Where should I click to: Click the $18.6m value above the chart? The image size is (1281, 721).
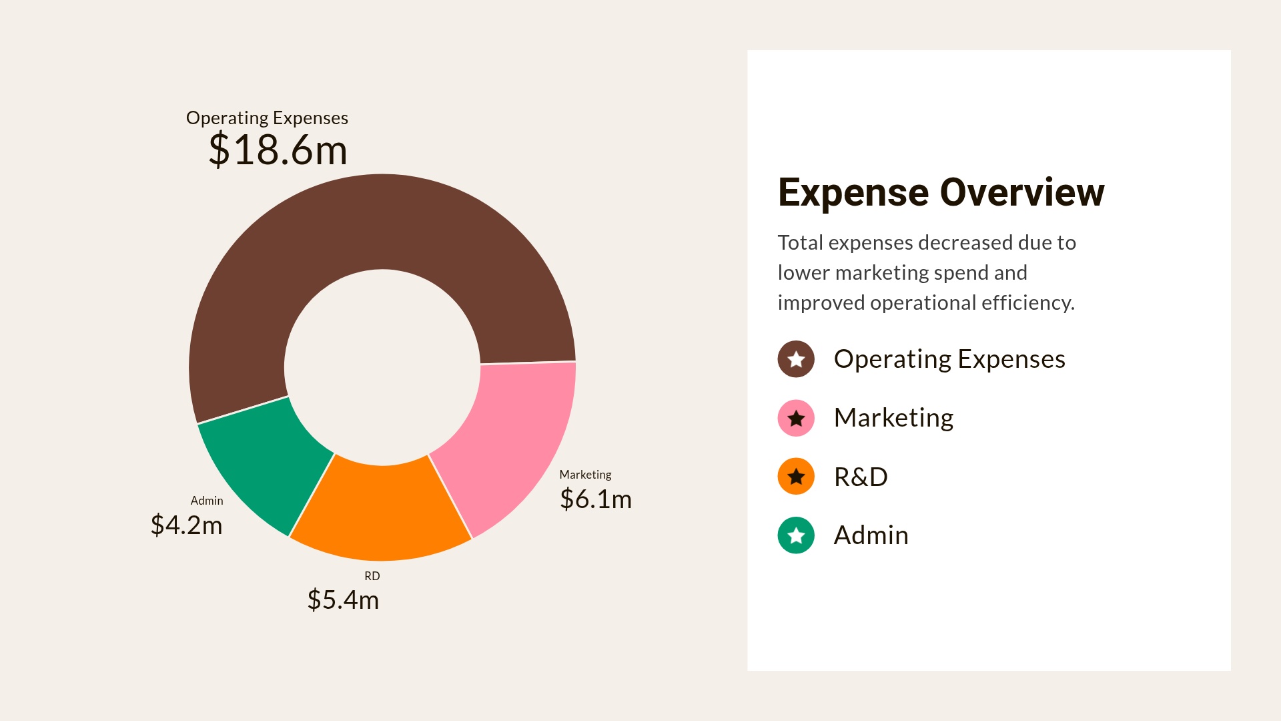pyautogui.click(x=278, y=150)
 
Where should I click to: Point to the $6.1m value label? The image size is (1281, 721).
pyautogui.click(x=595, y=499)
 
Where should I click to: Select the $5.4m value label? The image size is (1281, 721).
pyautogui.click(x=343, y=599)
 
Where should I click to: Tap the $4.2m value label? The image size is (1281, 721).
pyautogui.click(x=186, y=525)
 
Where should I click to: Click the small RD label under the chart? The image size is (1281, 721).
pyautogui.click(x=372, y=576)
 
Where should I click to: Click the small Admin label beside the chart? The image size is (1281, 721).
pyautogui.click(x=207, y=501)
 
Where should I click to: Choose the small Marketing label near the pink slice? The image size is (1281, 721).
pyautogui.click(x=585, y=475)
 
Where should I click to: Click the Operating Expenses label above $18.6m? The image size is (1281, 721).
pyautogui.click(x=267, y=118)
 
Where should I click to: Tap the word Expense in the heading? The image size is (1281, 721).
pyautogui.click(x=853, y=193)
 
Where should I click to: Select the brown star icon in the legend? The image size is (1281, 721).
pyautogui.click(x=796, y=359)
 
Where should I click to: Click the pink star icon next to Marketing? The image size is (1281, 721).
pyautogui.click(x=796, y=419)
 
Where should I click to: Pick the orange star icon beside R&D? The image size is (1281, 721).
pyautogui.click(x=796, y=477)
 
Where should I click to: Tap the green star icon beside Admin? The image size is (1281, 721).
pyautogui.click(x=796, y=535)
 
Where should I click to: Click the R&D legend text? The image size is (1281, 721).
pyautogui.click(x=861, y=477)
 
